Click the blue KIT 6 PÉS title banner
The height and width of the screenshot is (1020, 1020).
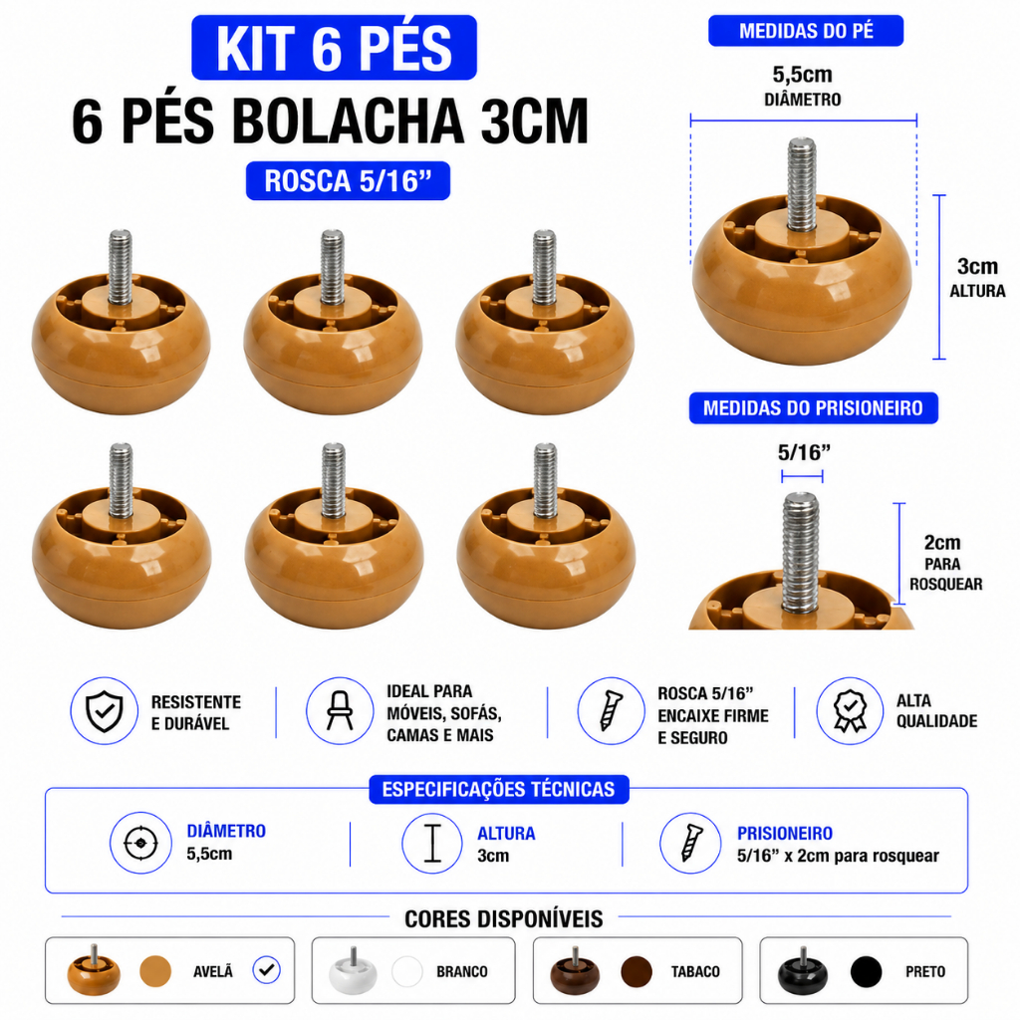(334, 48)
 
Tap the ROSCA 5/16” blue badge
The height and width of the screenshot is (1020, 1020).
(348, 181)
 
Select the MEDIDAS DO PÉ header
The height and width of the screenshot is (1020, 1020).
(806, 31)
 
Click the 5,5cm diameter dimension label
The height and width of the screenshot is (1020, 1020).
(802, 86)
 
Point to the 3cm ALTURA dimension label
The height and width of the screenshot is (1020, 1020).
(977, 277)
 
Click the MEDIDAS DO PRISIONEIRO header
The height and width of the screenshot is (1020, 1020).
(813, 407)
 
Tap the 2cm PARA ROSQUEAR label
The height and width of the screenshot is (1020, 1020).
(945, 563)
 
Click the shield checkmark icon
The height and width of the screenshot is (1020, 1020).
(104, 711)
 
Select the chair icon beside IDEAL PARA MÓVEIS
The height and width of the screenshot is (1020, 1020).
(340, 711)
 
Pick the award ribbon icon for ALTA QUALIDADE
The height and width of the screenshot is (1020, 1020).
(850, 711)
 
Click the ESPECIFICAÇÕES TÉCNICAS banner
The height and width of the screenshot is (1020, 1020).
(499, 789)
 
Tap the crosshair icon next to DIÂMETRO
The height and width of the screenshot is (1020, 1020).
(140, 843)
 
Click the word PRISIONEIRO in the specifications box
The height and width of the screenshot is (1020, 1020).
(785, 834)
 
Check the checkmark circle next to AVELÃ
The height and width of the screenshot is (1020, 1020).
(267, 970)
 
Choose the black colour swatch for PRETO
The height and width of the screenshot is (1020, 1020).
(866, 971)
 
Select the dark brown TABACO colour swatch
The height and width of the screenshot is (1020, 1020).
(637, 971)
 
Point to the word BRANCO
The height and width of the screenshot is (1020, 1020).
(462, 972)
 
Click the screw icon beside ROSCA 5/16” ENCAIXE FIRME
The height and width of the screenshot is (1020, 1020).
(611, 711)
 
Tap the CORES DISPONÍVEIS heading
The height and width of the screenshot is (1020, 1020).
(503, 919)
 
